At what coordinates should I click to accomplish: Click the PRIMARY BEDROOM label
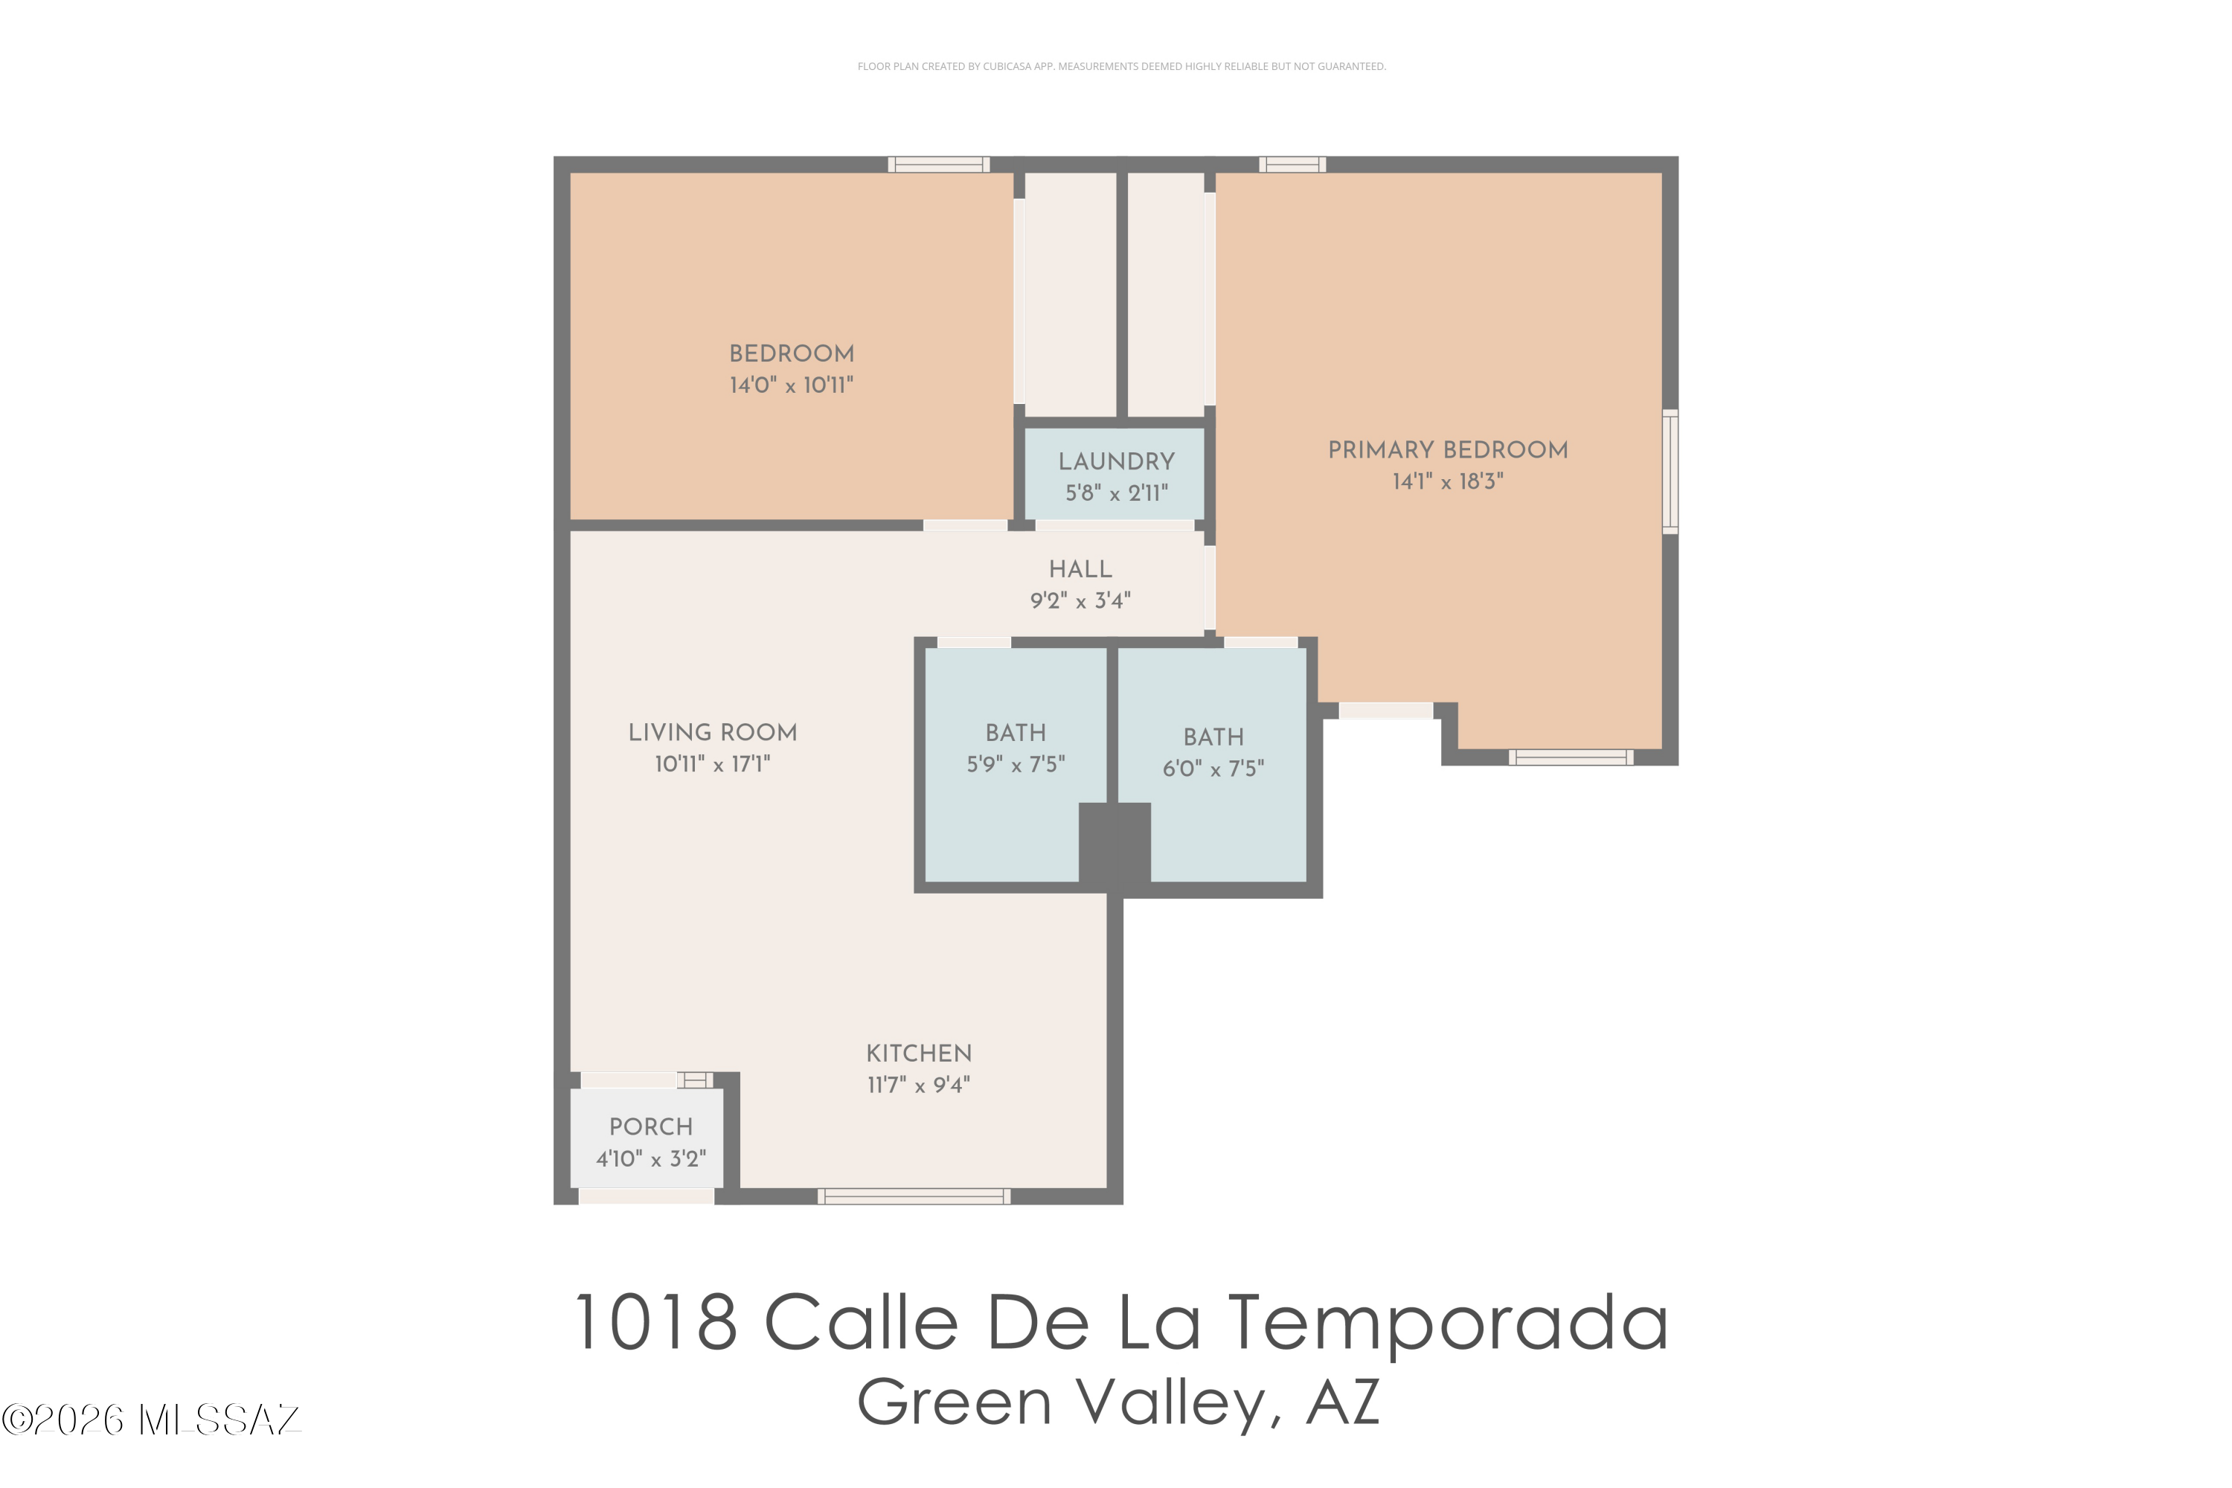coord(1447,450)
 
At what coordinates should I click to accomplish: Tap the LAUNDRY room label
coord(1116,461)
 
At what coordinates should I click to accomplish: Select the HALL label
coord(1080,569)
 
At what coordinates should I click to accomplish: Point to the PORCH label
coord(651,1126)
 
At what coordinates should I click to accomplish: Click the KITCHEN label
coord(919,1054)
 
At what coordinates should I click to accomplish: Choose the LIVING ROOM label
coord(713,733)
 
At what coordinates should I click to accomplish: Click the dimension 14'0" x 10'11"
coord(792,385)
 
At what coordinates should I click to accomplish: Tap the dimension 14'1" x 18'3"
coord(1447,481)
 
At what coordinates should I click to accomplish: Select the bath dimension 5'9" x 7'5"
coord(1016,764)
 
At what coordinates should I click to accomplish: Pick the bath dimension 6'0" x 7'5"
coord(1213,769)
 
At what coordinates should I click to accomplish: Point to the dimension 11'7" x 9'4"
coord(919,1085)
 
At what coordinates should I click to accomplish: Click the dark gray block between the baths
coord(1115,844)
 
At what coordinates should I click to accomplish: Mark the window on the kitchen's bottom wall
coord(914,1196)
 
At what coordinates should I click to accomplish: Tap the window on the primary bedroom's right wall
coord(1670,472)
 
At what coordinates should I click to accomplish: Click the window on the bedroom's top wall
coord(938,164)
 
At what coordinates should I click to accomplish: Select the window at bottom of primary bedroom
coord(1571,757)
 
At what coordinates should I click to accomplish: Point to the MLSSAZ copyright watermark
coord(151,1420)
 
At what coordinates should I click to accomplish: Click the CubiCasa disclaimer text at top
coord(1122,66)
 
